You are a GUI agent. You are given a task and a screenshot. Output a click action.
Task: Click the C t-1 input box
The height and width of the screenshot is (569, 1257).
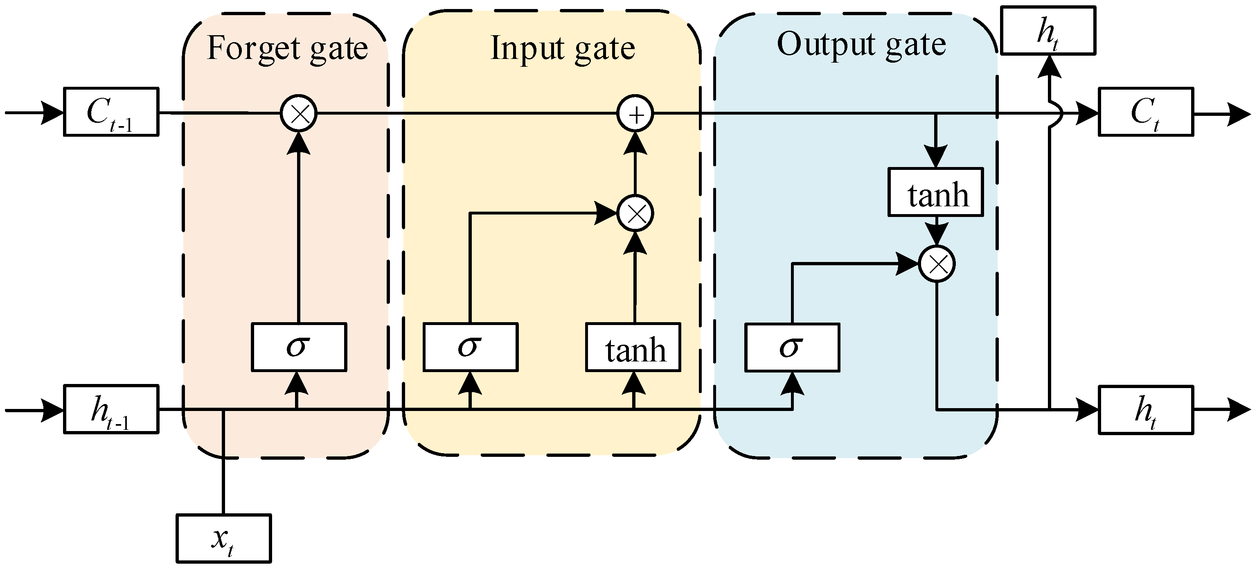coord(111,112)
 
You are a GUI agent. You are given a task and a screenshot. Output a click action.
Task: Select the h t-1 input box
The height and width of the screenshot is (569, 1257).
coord(111,409)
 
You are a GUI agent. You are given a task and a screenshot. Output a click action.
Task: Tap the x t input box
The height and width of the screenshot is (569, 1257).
coord(223,538)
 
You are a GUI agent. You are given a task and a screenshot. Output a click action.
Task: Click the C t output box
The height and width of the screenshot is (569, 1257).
coord(1146,112)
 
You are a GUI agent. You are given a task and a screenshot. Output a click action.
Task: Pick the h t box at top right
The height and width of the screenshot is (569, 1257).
coord(1048,30)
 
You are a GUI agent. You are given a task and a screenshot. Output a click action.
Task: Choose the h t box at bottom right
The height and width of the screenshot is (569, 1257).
coord(1146,410)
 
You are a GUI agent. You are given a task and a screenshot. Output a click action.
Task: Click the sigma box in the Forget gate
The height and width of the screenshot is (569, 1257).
coord(299,347)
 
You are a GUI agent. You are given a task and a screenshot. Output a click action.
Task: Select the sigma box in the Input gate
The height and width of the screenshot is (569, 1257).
coord(471,347)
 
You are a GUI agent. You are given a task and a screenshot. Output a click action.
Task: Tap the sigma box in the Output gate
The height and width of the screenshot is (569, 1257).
coord(792,348)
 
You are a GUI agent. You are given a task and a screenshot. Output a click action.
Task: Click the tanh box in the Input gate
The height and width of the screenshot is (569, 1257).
coord(633,347)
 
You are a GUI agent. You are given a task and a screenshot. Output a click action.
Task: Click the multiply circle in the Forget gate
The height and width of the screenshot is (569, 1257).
coord(299,114)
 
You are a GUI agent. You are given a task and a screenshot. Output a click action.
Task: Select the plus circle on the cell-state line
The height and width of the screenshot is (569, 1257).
coord(635,114)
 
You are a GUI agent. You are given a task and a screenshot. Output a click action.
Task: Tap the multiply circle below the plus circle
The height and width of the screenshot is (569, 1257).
coord(635,213)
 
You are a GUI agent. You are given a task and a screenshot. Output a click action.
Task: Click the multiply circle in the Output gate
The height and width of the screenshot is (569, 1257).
coord(937,264)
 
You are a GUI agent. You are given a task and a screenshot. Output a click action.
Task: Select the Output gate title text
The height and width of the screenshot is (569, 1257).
coord(861,45)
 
